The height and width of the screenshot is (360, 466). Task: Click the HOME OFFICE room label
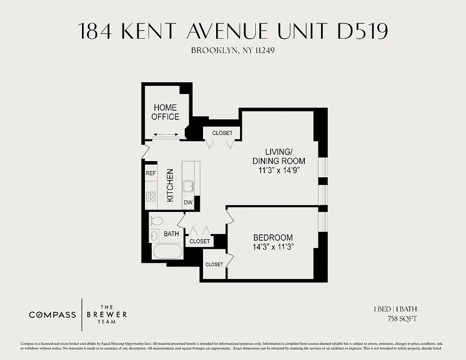pos(165,112)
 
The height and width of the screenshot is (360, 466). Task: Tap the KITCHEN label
pos(170,185)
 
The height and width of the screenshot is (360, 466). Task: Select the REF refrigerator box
pos(150,173)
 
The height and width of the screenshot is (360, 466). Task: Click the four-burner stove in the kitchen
pos(151,196)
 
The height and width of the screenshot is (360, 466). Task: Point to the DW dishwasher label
pos(188,202)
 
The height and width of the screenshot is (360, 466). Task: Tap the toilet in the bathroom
pos(156,221)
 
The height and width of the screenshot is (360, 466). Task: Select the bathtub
pos(167,252)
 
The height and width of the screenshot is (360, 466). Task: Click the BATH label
pos(171,234)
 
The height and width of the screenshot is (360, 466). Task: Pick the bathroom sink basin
pos(154,235)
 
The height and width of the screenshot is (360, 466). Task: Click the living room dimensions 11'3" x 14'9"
pos(279,171)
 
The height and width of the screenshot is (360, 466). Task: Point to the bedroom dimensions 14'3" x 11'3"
pos(273,247)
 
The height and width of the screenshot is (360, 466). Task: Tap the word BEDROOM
pos(273,238)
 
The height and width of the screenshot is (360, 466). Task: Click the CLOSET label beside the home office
pos(222,133)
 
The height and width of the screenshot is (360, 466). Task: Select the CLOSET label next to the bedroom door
pos(214,264)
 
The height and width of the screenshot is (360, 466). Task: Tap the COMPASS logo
pos(53,315)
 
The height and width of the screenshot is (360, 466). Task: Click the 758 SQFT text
pos(402,319)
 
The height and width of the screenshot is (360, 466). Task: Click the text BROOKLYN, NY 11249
pos(233,50)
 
